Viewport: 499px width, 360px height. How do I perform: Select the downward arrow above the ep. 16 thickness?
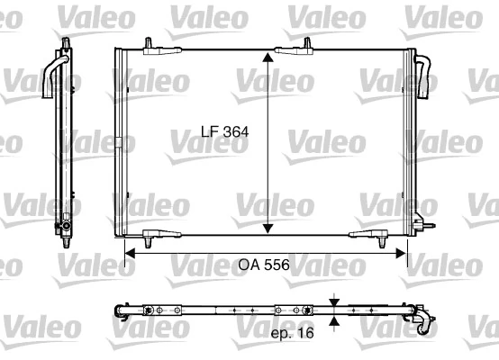335,300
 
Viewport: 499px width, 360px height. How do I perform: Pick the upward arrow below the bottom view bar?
335,320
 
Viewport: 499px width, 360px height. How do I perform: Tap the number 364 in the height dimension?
234,131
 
